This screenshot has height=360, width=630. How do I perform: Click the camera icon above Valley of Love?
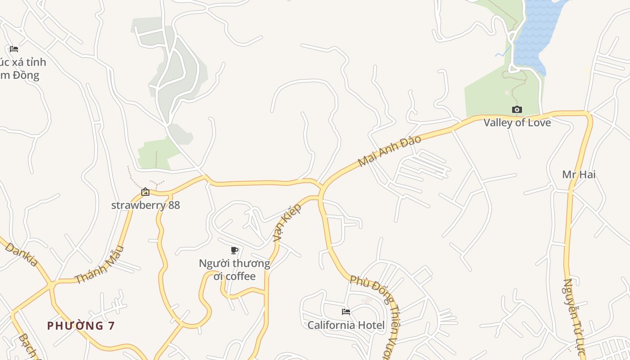pyautogui.click(x=517, y=109)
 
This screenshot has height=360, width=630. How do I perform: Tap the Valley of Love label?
pyautogui.click(x=517, y=122)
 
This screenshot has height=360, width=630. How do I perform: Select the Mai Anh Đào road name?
pyautogui.click(x=390, y=150)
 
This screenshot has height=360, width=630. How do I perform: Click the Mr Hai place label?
pyautogui.click(x=579, y=174)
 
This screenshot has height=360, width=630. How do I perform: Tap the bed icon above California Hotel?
pyautogui.click(x=346, y=311)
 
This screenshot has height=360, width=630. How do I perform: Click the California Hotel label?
pyautogui.click(x=346, y=325)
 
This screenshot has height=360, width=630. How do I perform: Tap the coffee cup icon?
pyautogui.click(x=234, y=250)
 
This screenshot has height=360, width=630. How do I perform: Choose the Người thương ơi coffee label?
pyautogui.click(x=234, y=270)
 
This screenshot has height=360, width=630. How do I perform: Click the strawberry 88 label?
pyautogui.click(x=145, y=205)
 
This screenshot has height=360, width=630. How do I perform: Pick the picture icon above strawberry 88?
pyautogui.click(x=145, y=192)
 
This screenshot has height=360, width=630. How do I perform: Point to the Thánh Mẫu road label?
pyautogui.click(x=99, y=265)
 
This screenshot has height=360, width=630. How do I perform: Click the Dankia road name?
pyautogui.click(x=22, y=255)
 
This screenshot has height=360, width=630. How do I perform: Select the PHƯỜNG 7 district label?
pyautogui.click(x=81, y=326)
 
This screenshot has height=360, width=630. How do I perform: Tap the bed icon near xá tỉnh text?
pyautogui.click(x=14, y=49)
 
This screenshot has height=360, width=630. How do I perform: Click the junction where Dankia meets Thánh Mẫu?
pyautogui.click(x=51, y=284)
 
